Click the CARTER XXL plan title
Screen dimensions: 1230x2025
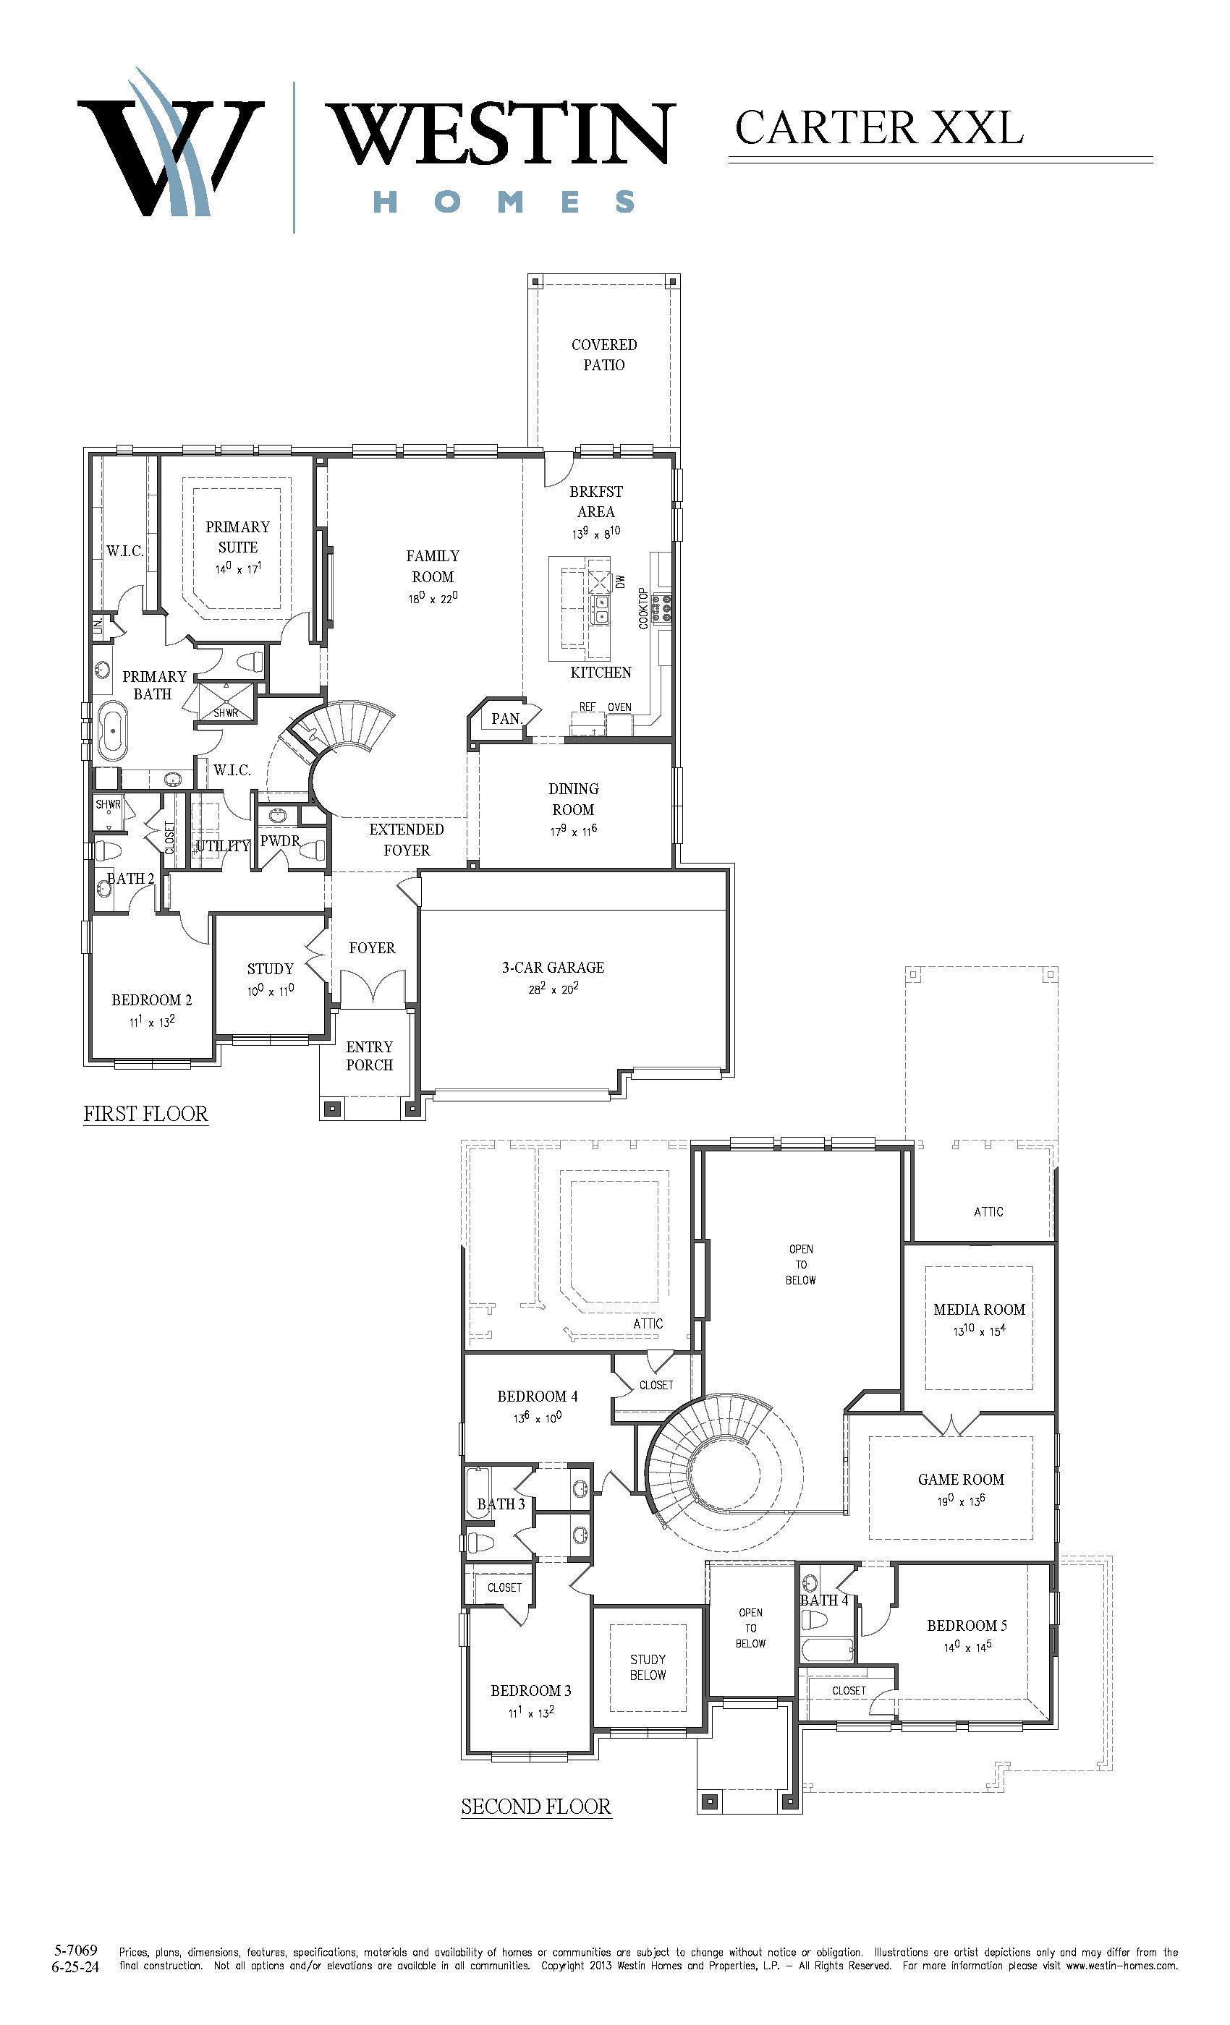tap(879, 127)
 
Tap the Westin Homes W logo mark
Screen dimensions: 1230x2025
tap(171, 144)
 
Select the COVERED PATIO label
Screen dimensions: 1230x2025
tap(604, 354)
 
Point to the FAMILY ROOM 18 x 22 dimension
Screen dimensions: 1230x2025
tap(433, 597)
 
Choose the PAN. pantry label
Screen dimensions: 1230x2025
tap(506, 719)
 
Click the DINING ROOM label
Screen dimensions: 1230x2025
tap(573, 799)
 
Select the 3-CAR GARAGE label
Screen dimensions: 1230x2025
tap(553, 968)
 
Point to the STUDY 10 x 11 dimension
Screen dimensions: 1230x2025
tap(271, 991)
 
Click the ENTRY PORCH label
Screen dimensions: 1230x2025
tap(369, 1056)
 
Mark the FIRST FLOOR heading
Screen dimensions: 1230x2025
tap(145, 1114)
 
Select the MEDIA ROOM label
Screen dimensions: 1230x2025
tap(979, 1310)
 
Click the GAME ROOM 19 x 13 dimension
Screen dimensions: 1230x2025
tap(961, 1501)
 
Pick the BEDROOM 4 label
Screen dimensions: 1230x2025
tap(537, 1397)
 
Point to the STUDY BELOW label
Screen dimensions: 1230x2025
tap(648, 1668)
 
